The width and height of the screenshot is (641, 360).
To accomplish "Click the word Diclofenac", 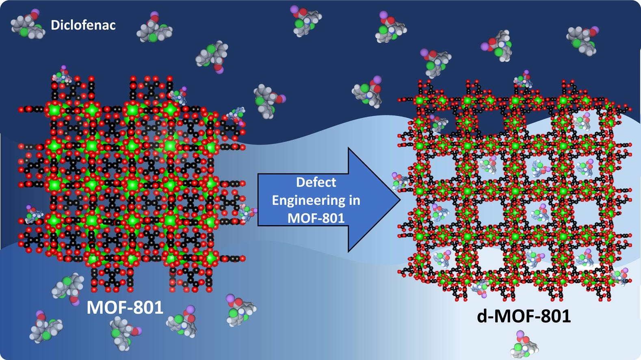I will click(83, 25).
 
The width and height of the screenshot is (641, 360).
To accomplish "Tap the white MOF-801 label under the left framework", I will click(125, 308).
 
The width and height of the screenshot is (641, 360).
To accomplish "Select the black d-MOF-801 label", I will click(524, 316).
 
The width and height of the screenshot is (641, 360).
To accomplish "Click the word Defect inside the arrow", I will click(316, 182).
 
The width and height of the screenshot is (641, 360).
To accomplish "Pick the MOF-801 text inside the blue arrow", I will click(316, 218).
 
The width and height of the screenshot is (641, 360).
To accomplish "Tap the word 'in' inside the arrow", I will click(354, 200).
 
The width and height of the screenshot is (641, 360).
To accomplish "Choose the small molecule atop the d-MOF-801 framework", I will click(523, 80).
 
